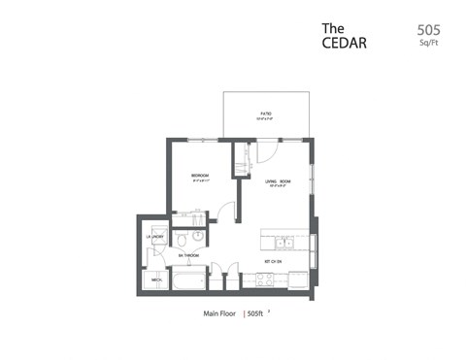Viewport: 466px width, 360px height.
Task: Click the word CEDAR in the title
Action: pos(346,44)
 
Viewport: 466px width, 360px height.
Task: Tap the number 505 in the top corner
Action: pos(426,29)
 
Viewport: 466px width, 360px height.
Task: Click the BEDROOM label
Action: pos(200,176)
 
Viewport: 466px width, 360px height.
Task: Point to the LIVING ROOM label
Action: pos(277,181)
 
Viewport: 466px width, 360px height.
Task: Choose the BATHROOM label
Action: pos(188,254)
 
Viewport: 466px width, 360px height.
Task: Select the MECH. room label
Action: pos(155,279)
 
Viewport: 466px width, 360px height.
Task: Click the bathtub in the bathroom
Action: pos(188,279)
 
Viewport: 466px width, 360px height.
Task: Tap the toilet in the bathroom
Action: pos(181,238)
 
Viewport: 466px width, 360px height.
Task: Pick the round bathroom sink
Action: pos(198,236)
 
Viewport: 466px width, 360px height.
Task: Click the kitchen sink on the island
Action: pos(285,242)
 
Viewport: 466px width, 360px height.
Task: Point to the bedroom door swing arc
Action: pos(224,209)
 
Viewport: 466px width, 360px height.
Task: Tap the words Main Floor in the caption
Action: pos(221,313)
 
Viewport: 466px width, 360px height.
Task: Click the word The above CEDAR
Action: pos(333,28)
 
